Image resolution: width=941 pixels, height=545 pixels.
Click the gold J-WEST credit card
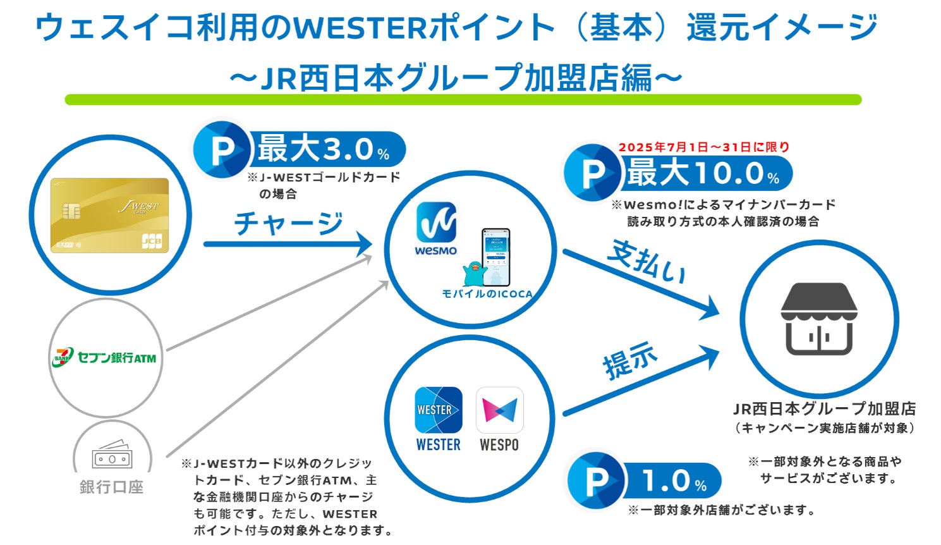coord(109,215)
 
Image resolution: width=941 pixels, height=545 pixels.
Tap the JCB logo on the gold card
coord(151,241)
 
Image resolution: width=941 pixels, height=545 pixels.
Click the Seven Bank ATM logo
coord(105,358)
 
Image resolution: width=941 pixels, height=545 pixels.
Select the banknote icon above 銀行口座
coord(112,455)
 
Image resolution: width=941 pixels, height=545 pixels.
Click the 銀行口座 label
coord(111,487)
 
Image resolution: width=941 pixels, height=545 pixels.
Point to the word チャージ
coord(288,223)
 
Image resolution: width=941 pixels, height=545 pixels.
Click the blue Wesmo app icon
coord(436,223)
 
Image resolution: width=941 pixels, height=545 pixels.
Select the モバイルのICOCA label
coord(487,294)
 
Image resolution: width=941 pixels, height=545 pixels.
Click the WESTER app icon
coord(438,410)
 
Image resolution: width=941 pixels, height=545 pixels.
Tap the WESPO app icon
coord(499,410)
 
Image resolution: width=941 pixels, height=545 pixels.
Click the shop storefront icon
coord(819,319)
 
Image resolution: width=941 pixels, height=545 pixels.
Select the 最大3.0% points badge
coord(299,150)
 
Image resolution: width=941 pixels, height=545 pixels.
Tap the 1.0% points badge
coord(645,481)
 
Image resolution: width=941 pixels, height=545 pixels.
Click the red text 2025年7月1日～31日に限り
coord(704,147)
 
